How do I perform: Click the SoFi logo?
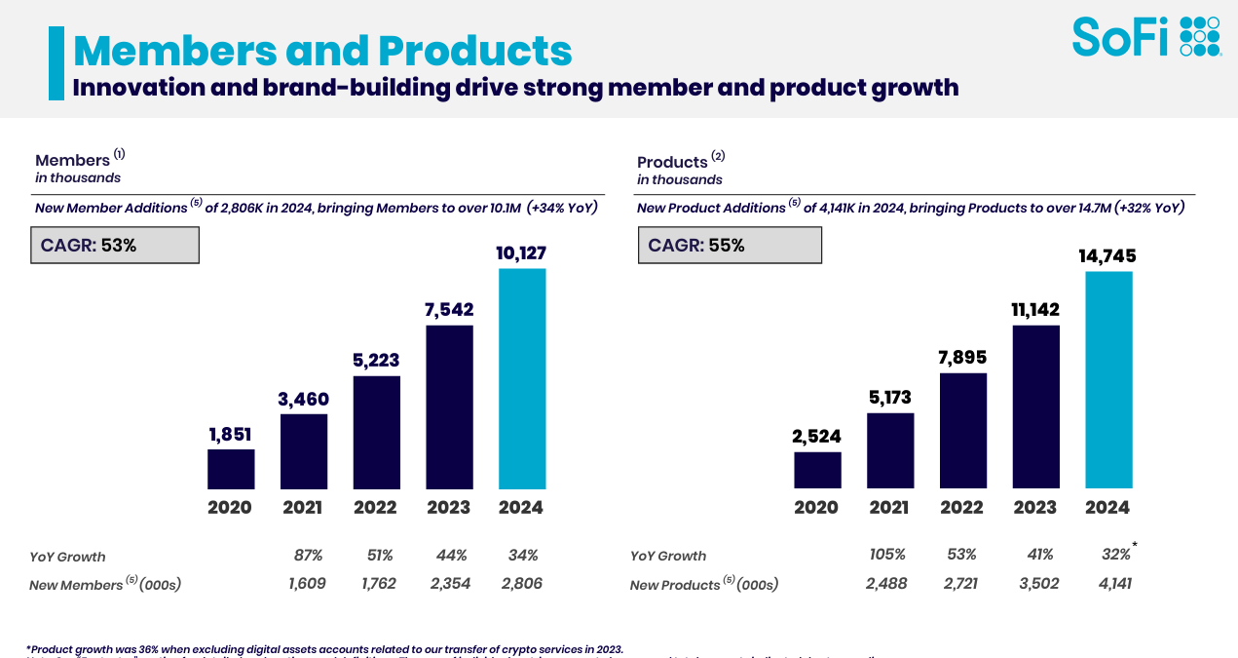pos(1145,37)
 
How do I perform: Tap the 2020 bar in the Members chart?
pos(231,469)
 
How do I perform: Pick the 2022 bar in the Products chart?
pos(962,430)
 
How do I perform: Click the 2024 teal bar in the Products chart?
pos(1108,379)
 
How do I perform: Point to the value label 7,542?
pos(449,310)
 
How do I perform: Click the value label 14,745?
pos(1107,256)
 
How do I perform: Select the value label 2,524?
pos(816,437)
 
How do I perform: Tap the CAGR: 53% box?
pos(115,246)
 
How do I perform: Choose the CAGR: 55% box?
pos(730,246)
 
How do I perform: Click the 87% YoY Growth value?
pos(308,556)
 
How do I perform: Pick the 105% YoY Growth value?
pos(887,555)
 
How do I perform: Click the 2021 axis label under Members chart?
pos(303,508)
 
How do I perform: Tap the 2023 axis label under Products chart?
pos(1034,508)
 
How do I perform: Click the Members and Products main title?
pos(322,50)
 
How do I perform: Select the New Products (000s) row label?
pos(703,585)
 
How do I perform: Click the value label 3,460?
pos(304,399)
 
